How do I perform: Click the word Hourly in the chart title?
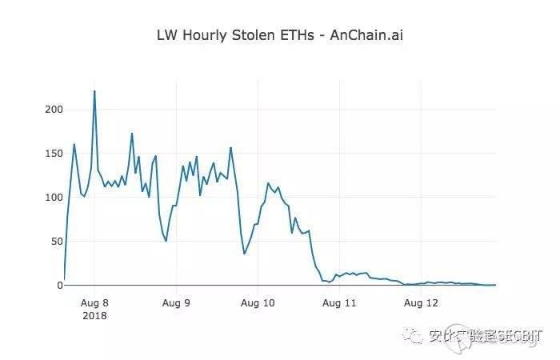[x=209, y=35]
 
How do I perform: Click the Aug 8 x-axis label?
[x=94, y=303]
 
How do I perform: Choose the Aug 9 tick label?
[x=175, y=303]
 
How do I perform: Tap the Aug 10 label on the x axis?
[x=258, y=303]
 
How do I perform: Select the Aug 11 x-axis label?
[x=339, y=303]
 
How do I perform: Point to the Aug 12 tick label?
[x=421, y=303]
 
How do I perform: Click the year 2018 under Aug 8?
[x=94, y=315]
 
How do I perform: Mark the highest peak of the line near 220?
[x=94, y=91]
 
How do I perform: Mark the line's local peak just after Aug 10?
[x=268, y=183]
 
